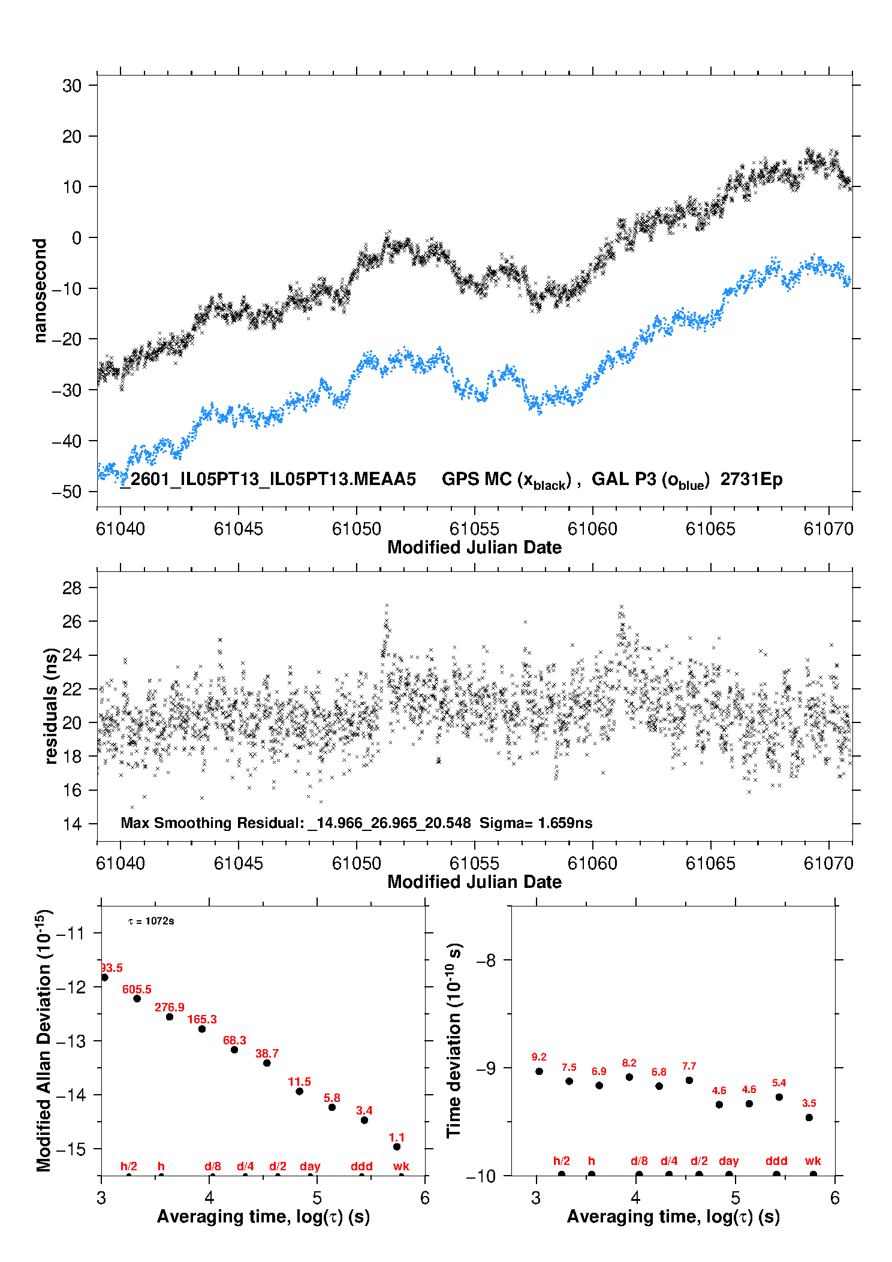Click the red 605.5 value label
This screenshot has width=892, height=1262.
click(137, 989)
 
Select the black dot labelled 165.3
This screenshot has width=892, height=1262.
click(202, 1029)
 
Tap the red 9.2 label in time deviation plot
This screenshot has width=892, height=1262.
click(539, 1057)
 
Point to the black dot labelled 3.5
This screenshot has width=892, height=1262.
click(809, 1118)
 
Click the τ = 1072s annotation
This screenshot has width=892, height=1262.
click(151, 921)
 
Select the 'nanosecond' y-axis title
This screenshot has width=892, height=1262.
click(40, 291)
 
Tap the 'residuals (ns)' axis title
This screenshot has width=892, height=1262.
click(51, 706)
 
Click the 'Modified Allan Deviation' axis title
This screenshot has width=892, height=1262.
click(44, 1041)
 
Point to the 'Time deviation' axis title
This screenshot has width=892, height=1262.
click(454, 1041)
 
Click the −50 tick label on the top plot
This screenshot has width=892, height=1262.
click(67, 492)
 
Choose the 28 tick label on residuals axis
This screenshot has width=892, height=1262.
click(72, 588)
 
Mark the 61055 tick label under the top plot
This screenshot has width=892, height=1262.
click(474, 529)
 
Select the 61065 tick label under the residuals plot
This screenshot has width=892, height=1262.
click(710, 863)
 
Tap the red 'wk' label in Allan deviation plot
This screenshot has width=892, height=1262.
click(401, 1166)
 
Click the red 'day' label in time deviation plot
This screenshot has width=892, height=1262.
click(728, 1161)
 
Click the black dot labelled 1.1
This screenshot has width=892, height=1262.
click(397, 1147)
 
